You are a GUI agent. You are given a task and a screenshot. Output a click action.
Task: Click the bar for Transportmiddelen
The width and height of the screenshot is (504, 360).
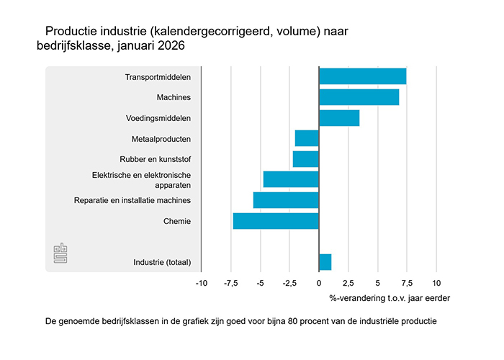point(362,76)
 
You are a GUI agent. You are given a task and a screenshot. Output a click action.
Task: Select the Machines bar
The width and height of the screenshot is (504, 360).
point(359,97)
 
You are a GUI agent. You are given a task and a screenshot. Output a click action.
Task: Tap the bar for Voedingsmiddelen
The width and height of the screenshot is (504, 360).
point(338,118)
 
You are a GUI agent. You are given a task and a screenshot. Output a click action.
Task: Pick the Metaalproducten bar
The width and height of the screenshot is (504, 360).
point(307,138)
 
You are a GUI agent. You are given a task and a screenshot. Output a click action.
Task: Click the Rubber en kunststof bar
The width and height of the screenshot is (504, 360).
point(305,159)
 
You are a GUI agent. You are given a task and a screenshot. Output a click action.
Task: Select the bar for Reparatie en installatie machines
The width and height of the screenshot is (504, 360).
point(286,200)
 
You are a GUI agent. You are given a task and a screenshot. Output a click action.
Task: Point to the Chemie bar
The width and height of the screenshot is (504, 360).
point(276,221)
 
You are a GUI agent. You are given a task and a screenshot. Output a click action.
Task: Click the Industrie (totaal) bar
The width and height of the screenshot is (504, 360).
point(325,262)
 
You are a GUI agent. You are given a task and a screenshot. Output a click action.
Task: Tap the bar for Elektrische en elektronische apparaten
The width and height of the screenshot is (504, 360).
point(291,179)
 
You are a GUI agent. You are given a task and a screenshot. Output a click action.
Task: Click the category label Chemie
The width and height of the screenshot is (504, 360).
point(177,221)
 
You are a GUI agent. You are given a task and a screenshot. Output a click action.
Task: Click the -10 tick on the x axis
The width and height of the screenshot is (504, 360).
point(202,283)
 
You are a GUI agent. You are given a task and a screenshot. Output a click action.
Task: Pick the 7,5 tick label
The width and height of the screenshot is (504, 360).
point(406,283)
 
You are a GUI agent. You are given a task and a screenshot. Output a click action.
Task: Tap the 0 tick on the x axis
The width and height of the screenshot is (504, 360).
point(318,283)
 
